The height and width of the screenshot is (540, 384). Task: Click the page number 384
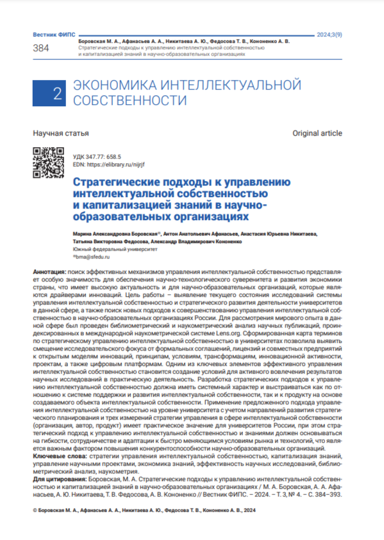click(40, 49)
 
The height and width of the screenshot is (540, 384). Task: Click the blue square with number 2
click(56, 93)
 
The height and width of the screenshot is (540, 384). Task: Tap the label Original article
click(317, 133)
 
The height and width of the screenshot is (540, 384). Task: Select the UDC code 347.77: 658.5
click(99, 156)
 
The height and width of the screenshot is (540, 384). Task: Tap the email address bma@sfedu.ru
click(94, 257)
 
